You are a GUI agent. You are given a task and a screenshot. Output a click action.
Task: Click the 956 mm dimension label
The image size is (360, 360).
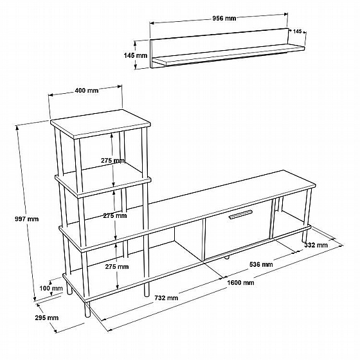(x=224, y=18)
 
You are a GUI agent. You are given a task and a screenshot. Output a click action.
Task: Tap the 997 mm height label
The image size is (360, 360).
(x=26, y=219)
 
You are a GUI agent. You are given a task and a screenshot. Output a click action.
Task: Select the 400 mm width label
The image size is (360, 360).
(x=87, y=91)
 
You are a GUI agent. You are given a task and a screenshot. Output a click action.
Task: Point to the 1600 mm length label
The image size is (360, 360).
(x=240, y=282)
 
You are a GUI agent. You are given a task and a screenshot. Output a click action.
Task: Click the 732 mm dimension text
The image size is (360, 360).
(x=166, y=298)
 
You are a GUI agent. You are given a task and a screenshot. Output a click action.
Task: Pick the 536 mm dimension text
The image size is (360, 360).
(x=261, y=264)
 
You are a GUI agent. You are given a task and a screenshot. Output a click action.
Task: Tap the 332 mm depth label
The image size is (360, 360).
(x=316, y=245)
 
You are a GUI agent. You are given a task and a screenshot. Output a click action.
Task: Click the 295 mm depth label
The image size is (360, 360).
(x=46, y=318)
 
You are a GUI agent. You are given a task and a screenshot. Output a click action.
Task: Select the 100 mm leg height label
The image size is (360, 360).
(x=51, y=288)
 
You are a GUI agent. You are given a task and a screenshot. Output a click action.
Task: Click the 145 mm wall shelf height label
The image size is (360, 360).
(x=136, y=55)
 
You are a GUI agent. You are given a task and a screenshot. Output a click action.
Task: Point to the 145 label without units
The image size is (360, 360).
(x=297, y=32)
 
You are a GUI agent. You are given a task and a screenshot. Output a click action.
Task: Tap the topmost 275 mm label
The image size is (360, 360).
(x=113, y=161)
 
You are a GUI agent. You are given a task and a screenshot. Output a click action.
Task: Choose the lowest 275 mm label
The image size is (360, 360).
(x=117, y=267)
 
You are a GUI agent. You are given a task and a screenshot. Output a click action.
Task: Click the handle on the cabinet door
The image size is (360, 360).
(x=240, y=215)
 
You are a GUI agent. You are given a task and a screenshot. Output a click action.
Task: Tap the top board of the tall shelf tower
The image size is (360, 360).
(x=100, y=123)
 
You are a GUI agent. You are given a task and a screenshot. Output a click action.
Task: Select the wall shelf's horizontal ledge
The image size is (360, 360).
(x=228, y=55)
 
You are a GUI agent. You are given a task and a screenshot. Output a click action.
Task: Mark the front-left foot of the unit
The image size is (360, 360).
(x=87, y=309)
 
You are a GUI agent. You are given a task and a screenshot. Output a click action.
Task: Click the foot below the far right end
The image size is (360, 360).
(x=305, y=236)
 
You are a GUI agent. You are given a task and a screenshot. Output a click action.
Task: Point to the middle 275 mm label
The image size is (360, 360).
(x=115, y=215)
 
